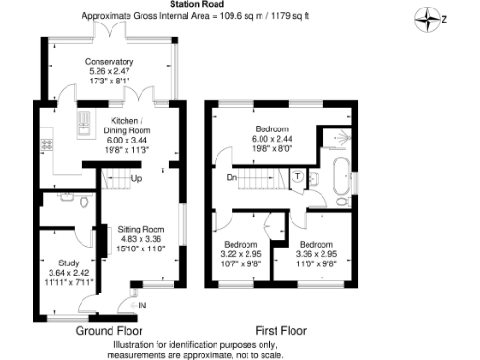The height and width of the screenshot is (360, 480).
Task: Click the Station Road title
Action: point(221,5)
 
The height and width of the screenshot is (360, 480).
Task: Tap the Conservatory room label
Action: point(111,63)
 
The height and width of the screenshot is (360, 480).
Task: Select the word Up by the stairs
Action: point(136,179)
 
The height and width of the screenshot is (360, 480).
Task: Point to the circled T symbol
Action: point(297,175)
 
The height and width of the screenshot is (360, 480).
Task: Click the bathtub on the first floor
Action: point(340,175)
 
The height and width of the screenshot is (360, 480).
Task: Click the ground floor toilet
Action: point(83,201)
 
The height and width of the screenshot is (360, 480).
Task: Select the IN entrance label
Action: point(142,305)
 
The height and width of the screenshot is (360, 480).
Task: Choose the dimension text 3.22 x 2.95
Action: point(239,252)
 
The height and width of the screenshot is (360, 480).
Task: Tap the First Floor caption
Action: point(280,330)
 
